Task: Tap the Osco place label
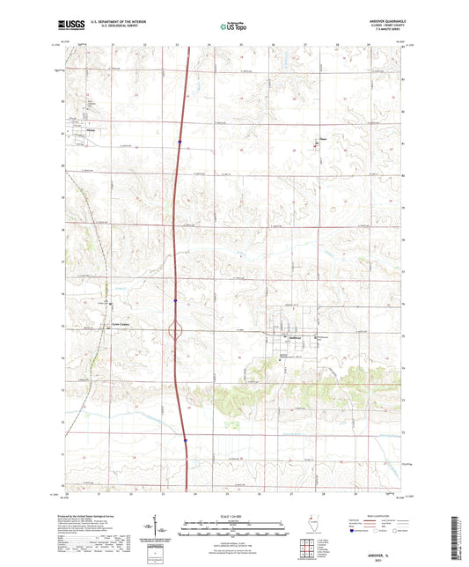pyautogui.click(x=323, y=137)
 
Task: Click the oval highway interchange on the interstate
pyautogui.click(x=175, y=332)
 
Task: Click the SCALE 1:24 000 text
pyautogui.click(x=234, y=515)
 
